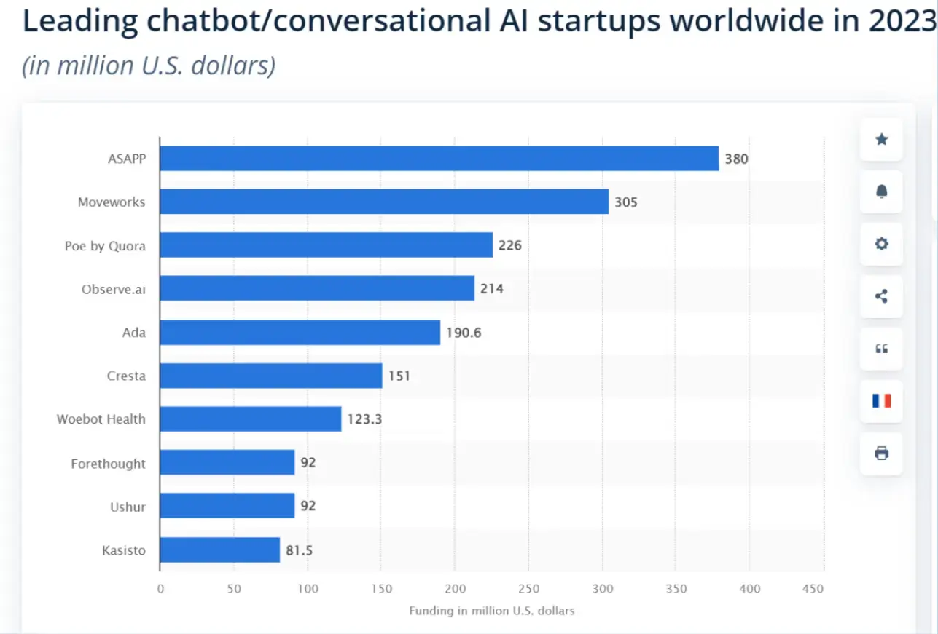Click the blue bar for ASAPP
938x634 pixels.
(439, 159)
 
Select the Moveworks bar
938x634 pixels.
(384, 202)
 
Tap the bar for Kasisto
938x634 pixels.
(219, 550)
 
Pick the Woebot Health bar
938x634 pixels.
(250, 419)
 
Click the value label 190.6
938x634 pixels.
(464, 333)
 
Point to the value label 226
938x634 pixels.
(509, 245)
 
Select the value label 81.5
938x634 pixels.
(299, 550)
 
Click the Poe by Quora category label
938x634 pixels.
(105, 246)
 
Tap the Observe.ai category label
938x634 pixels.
(113, 289)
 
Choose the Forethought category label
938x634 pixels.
(108, 463)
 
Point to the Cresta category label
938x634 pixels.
(125, 376)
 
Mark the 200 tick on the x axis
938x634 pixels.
(455, 588)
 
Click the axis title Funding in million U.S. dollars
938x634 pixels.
(491, 611)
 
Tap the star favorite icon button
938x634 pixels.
(881, 139)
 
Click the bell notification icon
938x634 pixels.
(881, 191)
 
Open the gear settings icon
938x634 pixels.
(881, 244)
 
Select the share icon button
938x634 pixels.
(881, 296)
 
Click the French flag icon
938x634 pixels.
(881, 400)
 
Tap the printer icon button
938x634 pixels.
(881, 453)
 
